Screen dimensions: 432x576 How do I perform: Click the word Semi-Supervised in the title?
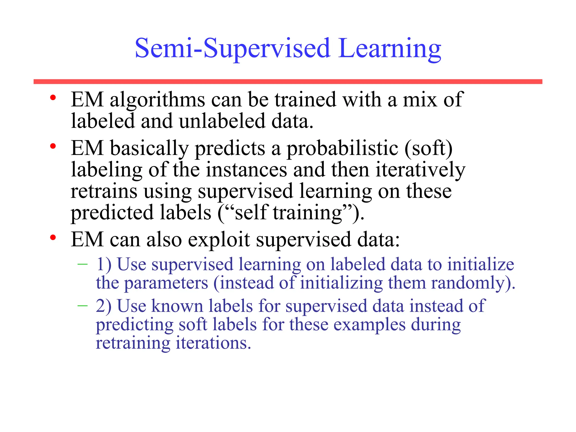tap(233, 48)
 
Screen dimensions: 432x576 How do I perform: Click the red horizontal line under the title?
tap(288, 82)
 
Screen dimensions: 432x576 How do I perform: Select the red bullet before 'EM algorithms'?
tap(53, 98)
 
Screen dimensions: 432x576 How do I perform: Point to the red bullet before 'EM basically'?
tap(53, 146)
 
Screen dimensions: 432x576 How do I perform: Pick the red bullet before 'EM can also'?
tap(53, 238)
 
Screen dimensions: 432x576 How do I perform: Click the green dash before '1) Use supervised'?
tap(82, 264)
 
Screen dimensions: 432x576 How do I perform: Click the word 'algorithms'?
tap(157, 100)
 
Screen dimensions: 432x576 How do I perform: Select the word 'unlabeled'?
tap(222, 121)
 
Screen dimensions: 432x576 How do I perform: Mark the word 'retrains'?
tap(104, 191)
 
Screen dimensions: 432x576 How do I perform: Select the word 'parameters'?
tap(166, 283)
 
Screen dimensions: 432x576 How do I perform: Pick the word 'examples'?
tap(370, 325)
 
